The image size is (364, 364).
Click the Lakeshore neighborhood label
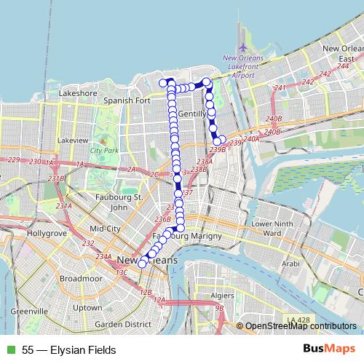[x=78, y=93]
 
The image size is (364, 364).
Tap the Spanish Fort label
[x=127, y=100]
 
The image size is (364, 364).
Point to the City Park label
[x=103, y=150]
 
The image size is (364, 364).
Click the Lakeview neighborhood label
[x=72, y=140]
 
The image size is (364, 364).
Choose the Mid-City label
[x=105, y=228]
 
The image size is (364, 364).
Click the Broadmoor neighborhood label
[x=81, y=278]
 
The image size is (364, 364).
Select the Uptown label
[x=88, y=307]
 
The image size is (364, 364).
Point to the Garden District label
[x=122, y=324]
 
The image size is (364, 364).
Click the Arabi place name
[x=290, y=264]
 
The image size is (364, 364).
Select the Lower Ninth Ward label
[x=271, y=228]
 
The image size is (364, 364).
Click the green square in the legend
[x=9, y=350]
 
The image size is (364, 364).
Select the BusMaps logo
[x=329, y=349]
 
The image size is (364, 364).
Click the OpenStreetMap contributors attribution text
[x=300, y=326]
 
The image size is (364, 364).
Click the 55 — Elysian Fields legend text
[x=69, y=350]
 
